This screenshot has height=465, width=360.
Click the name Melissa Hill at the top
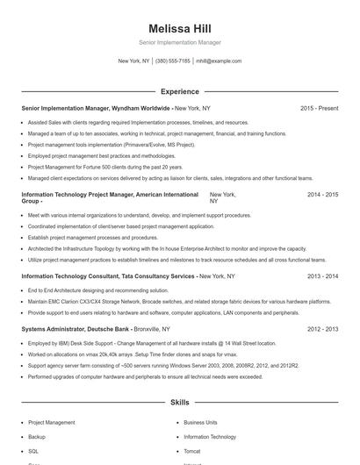(180, 28)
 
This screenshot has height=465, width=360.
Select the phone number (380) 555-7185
(173, 61)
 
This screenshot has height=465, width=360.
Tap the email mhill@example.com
(219, 61)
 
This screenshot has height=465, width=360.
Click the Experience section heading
(180, 91)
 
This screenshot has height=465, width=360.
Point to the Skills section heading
(180, 403)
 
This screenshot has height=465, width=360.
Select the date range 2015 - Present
(319, 108)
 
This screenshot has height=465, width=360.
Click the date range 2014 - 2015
(322, 195)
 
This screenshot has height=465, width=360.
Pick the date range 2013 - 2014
(322, 275)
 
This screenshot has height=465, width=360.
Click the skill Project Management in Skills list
(51, 422)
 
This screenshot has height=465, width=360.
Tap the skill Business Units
(201, 422)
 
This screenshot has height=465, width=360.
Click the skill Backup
(37, 436)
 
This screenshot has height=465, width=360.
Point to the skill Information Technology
(210, 436)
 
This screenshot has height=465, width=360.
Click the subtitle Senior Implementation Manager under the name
(180, 42)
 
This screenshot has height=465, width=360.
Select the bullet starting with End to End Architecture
(86, 290)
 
